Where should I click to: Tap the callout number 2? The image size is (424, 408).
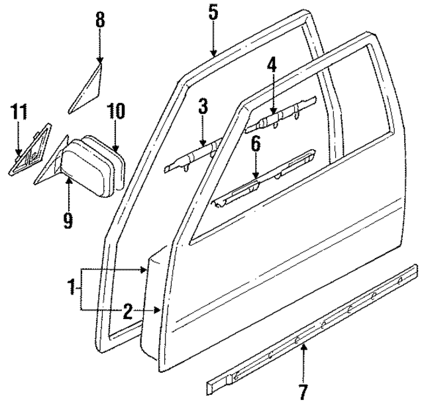point(127,310)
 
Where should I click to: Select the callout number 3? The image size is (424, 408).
point(203,106)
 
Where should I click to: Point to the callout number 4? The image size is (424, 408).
point(271,65)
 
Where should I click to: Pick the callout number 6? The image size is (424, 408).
point(256,144)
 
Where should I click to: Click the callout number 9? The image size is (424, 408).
point(68,219)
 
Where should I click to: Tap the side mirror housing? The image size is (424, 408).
point(93,166)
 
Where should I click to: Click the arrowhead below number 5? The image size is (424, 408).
point(213,52)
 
